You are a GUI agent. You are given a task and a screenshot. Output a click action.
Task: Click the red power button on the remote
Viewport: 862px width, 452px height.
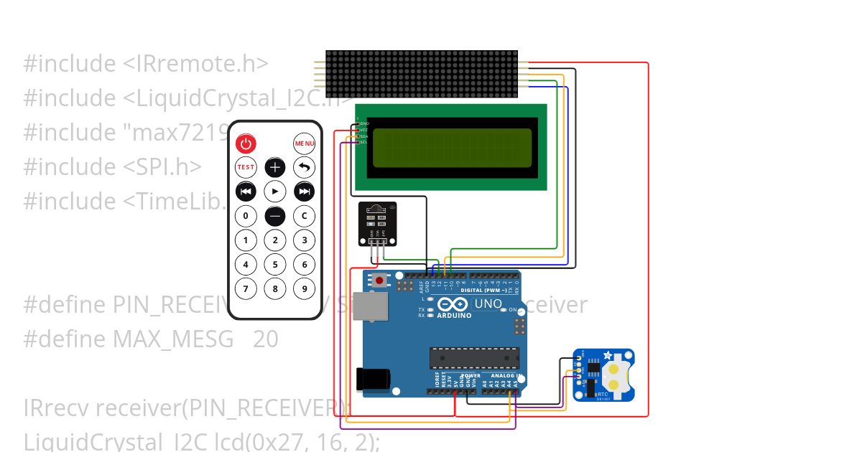point(246,144)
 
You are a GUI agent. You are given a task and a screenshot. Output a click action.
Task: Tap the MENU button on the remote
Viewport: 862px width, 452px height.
point(305,144)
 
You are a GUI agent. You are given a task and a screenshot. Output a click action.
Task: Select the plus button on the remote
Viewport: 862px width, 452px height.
point(275,168)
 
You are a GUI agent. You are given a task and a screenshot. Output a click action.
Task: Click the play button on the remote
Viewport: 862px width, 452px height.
point(275,192)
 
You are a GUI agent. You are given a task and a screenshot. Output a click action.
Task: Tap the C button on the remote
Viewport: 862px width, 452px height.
point(305,216)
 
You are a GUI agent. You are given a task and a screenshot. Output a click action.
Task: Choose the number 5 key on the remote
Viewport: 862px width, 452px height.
point(275,265)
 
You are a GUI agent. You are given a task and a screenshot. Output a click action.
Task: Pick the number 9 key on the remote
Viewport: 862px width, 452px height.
point(305,289)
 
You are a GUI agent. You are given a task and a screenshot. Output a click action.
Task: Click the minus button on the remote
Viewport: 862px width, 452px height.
point(275,216)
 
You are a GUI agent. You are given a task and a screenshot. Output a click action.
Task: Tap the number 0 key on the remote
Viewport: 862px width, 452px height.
point(246,216)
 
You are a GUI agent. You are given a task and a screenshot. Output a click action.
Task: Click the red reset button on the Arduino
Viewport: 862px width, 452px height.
point(379,279)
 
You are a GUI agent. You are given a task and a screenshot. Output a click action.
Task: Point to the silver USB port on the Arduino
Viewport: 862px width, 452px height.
point(371,309)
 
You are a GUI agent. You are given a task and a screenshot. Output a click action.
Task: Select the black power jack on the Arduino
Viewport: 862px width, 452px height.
point(374,380)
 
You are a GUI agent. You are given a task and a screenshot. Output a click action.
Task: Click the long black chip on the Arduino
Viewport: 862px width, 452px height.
point(474,357)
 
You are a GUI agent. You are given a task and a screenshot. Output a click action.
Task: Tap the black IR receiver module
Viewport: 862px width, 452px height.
point(377,218)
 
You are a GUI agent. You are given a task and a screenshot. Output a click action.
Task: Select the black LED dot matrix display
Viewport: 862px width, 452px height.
point(422,74)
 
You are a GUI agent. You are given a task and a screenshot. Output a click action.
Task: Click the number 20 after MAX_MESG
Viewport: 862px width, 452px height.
point(265,339)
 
